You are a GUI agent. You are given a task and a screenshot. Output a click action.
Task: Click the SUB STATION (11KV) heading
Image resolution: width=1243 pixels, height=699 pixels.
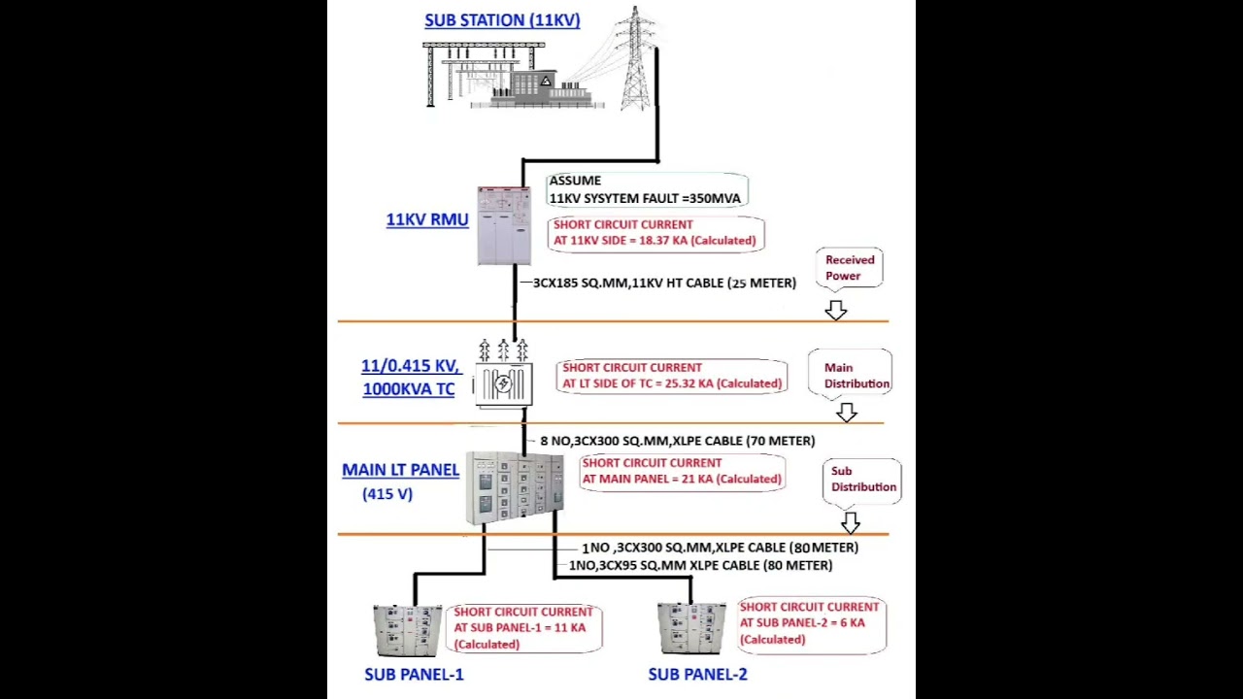[x=502, y=20]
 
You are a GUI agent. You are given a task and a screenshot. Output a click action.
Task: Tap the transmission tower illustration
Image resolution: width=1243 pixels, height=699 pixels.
[x=635, y=60]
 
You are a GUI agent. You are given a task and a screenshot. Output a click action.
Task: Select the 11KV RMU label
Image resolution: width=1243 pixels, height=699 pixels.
[x=427, y=219]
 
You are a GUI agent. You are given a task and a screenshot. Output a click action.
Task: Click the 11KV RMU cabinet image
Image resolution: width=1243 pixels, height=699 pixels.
[x=503, y=226]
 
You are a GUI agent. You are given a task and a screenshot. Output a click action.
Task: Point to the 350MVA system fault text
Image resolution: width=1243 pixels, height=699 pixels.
[x=645, y=198]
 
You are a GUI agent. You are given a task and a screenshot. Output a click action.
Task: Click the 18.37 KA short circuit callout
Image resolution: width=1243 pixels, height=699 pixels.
[x=655, y=233]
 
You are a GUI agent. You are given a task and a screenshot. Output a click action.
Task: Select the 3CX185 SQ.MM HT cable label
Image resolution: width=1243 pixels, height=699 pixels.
[x=664, y=283]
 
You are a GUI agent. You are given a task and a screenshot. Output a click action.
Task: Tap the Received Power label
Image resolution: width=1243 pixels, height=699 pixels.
[x=850, y=268]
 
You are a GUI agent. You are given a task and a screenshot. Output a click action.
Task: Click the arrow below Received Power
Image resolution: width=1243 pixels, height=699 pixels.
[x=836, y=310]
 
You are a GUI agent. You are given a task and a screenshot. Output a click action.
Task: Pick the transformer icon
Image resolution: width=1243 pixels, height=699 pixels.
[x=503, y=376]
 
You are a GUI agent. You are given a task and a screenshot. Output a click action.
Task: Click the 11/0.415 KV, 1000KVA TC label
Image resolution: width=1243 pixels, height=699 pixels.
[x=410, y=378]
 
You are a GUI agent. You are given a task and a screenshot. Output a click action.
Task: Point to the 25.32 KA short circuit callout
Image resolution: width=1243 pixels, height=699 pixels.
[x=672, y=376]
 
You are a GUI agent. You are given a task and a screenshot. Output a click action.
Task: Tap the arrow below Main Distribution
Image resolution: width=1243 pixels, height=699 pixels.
[x=847, y=413]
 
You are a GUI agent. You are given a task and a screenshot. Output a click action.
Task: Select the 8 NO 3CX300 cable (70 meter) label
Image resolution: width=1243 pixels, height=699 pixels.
[x=677, y=441]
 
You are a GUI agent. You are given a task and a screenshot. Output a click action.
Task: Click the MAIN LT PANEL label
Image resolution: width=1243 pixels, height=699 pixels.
[x=400, y=470]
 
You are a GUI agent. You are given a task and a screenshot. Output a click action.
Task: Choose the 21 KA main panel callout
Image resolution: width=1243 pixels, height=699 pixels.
[x=682, y=471]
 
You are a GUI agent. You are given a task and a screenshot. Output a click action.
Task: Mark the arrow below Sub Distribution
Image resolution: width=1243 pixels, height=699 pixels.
[x=851, y=522]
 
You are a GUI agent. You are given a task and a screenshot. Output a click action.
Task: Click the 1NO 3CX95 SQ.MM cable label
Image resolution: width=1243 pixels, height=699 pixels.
[x=700, y=565]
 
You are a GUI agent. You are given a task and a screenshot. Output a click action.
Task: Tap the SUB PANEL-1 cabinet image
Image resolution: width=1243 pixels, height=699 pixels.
[x=407, y=631]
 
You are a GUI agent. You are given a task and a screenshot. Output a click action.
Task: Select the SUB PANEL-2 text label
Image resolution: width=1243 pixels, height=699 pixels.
[x=697, y=674]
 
